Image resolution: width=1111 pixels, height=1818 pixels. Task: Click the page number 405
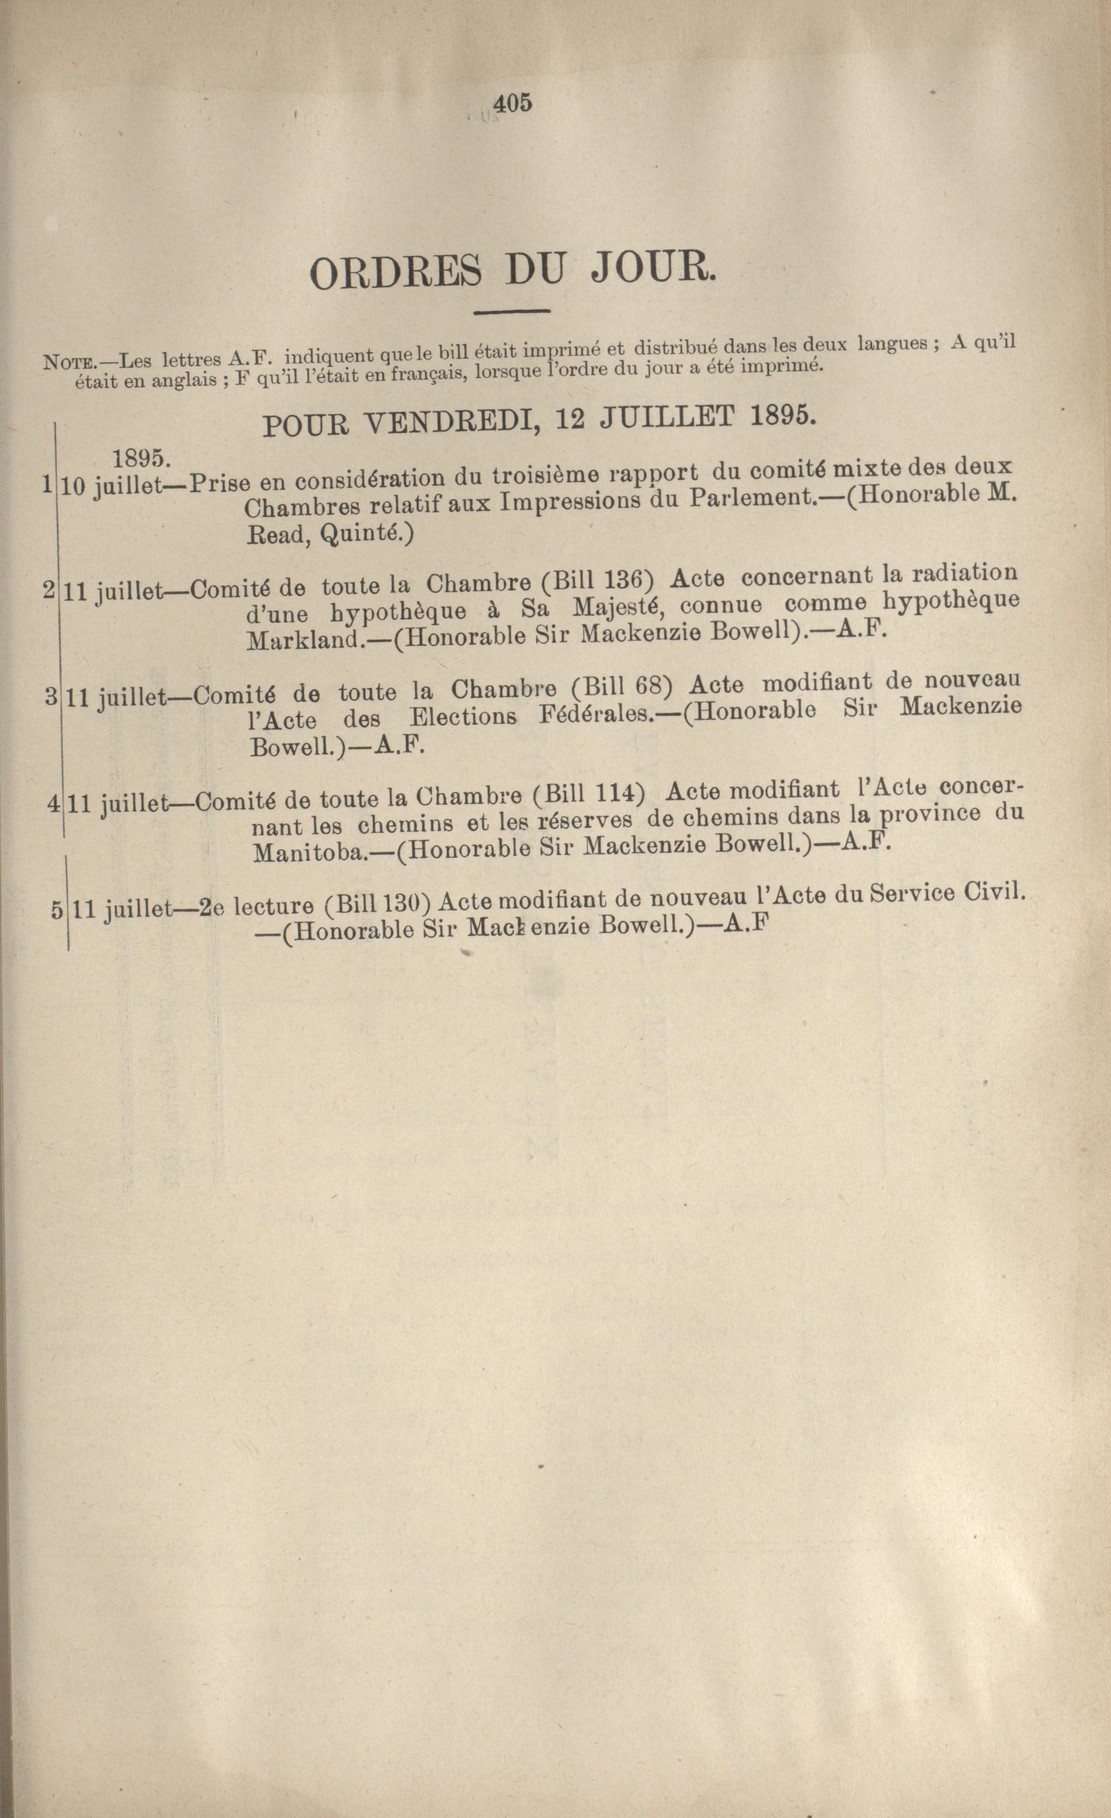(512, 104)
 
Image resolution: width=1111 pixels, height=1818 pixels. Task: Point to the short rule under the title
(512, 312)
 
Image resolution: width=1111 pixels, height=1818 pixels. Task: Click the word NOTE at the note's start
(67, 362)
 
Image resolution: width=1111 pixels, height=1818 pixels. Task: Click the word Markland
(305, 639)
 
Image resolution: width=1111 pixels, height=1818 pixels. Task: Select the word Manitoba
(309, 853)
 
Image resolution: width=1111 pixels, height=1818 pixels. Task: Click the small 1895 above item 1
(141, 457)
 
